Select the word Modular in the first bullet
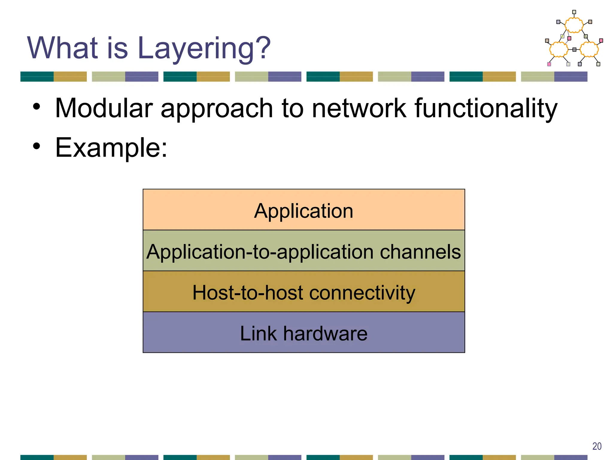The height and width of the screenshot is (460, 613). point(104,108)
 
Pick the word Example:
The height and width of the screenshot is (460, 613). point(111,148)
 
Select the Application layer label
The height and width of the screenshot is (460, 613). point(304,211)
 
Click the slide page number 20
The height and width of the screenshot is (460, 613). point(597,446)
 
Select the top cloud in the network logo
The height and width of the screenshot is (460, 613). point(574,25)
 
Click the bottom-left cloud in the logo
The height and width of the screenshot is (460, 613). point(559,49)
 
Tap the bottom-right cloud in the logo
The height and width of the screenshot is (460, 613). point(589,49)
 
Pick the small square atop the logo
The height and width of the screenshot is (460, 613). point(574,12)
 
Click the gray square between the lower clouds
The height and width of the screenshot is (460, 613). point(574,50)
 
